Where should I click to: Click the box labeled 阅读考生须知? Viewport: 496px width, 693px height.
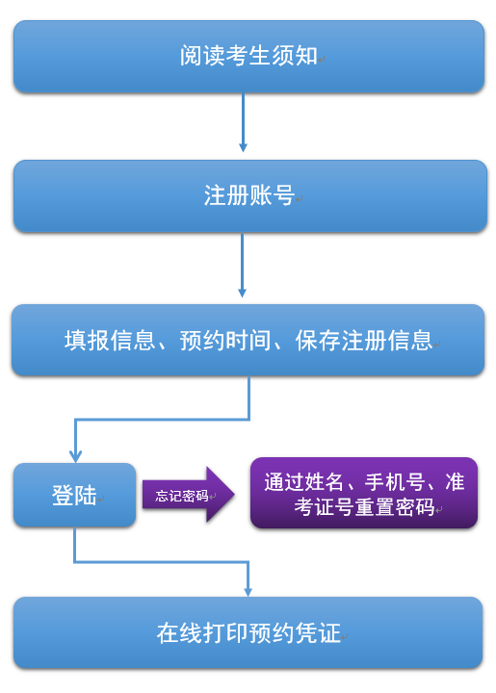[248, 57]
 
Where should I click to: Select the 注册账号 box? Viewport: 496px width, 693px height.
[250, 196]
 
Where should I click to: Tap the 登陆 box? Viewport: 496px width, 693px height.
[75, 495]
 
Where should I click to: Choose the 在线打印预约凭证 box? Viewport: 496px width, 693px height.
[248, 633]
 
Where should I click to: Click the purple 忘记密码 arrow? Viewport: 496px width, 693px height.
[189, 495]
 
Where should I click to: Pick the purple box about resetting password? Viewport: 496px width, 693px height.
[364, 493]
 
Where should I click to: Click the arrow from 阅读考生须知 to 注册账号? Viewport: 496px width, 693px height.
[243, 122]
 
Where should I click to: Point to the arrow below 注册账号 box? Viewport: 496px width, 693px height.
[243, 266]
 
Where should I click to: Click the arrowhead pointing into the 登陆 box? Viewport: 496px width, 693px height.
[75, 457]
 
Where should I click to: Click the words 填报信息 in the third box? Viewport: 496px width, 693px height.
[110, 341]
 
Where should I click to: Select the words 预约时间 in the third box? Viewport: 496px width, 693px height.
[225, 341]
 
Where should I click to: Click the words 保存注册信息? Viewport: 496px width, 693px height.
[364, 341]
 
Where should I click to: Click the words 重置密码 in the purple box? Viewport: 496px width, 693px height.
[395, 506]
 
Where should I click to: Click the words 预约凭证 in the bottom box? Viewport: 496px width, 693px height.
[295, 633]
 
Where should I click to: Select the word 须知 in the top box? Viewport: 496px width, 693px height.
[295, 56]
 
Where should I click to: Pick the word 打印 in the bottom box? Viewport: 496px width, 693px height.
[225, 633]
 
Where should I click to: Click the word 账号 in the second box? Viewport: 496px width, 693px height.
[272, 195]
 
